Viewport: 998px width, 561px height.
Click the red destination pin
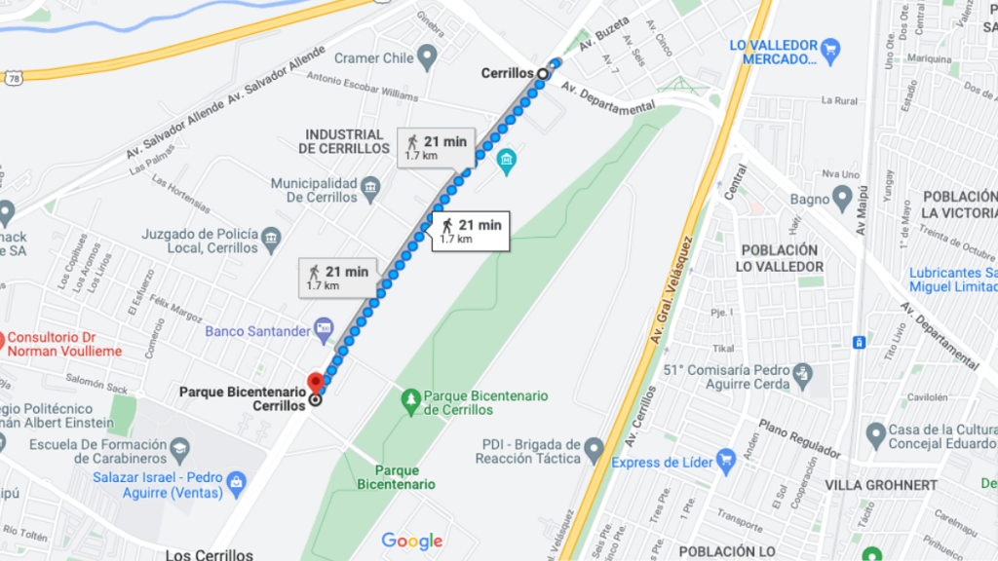(x=315, y=383)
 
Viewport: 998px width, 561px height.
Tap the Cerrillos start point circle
(x=543, y=73)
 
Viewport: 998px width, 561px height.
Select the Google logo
(x=411, y=541)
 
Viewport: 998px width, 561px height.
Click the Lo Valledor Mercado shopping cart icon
(x=829, y=47)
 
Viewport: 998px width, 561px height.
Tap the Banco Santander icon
(x=324, y=331)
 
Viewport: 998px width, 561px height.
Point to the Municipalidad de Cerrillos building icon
(x=369, y=185)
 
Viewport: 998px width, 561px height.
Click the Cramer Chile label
(x=373, y=58)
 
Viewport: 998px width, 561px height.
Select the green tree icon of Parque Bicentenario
(x=411, y=397)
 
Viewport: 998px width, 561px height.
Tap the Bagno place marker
(x=843, y=199)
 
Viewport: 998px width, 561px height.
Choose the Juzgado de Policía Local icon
(x=272, y=235)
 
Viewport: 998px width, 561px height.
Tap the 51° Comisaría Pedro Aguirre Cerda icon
(x=801, y=372)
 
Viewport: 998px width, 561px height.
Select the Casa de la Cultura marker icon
(x=873, y=431)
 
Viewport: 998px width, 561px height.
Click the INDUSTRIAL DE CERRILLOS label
(x=344, y=141)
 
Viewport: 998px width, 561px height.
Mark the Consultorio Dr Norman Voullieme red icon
(x=3, y=342)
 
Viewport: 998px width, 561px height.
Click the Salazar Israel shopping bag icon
(x=235, y=481)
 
